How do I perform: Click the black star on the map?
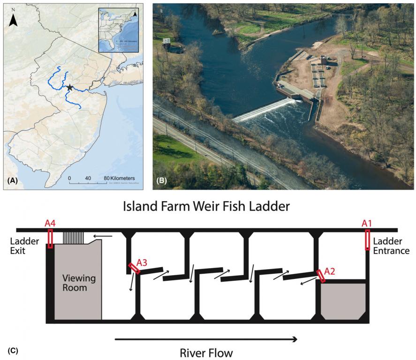pyautogui.click(x=69, y=88)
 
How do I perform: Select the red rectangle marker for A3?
pyautogui.click(x=134, y=268)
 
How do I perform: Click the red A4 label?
pyautogui.click(x=51, y=223)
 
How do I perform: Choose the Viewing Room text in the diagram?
pyautogui.click(x=79, y=283)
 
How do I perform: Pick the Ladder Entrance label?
pyautogui.click(x=392, y=247)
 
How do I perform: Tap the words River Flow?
pyautogui.click(x=206, y=352)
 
